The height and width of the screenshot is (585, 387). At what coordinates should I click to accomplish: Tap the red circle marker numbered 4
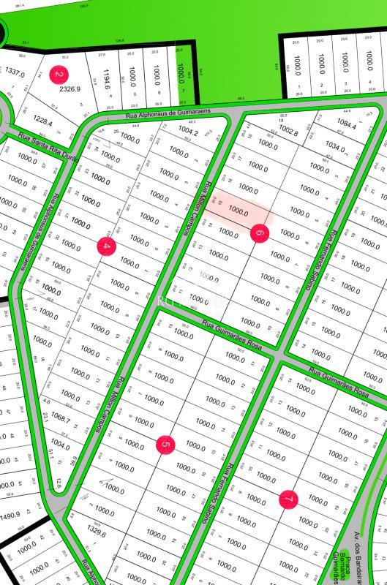(106, 246)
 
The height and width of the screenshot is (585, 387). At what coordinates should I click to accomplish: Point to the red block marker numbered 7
(289, 499)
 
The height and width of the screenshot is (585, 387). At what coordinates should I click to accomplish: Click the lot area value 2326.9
(69, 89)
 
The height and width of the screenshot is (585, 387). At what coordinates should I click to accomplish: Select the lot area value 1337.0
(15, 73)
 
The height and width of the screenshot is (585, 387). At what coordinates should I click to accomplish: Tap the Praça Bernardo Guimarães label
(342, 565)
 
